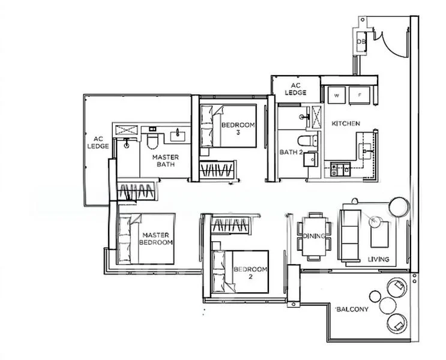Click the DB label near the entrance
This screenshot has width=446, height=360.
click(x=361, y=42)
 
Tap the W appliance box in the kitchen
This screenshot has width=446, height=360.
click(x=336, y=95)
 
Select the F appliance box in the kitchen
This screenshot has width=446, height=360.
click(x=361, y=95)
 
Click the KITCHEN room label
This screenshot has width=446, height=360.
click(x=346, y=124)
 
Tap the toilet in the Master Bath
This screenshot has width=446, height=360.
click(x=152, y=139)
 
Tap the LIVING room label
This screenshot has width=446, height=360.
click(x=379, y=259)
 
